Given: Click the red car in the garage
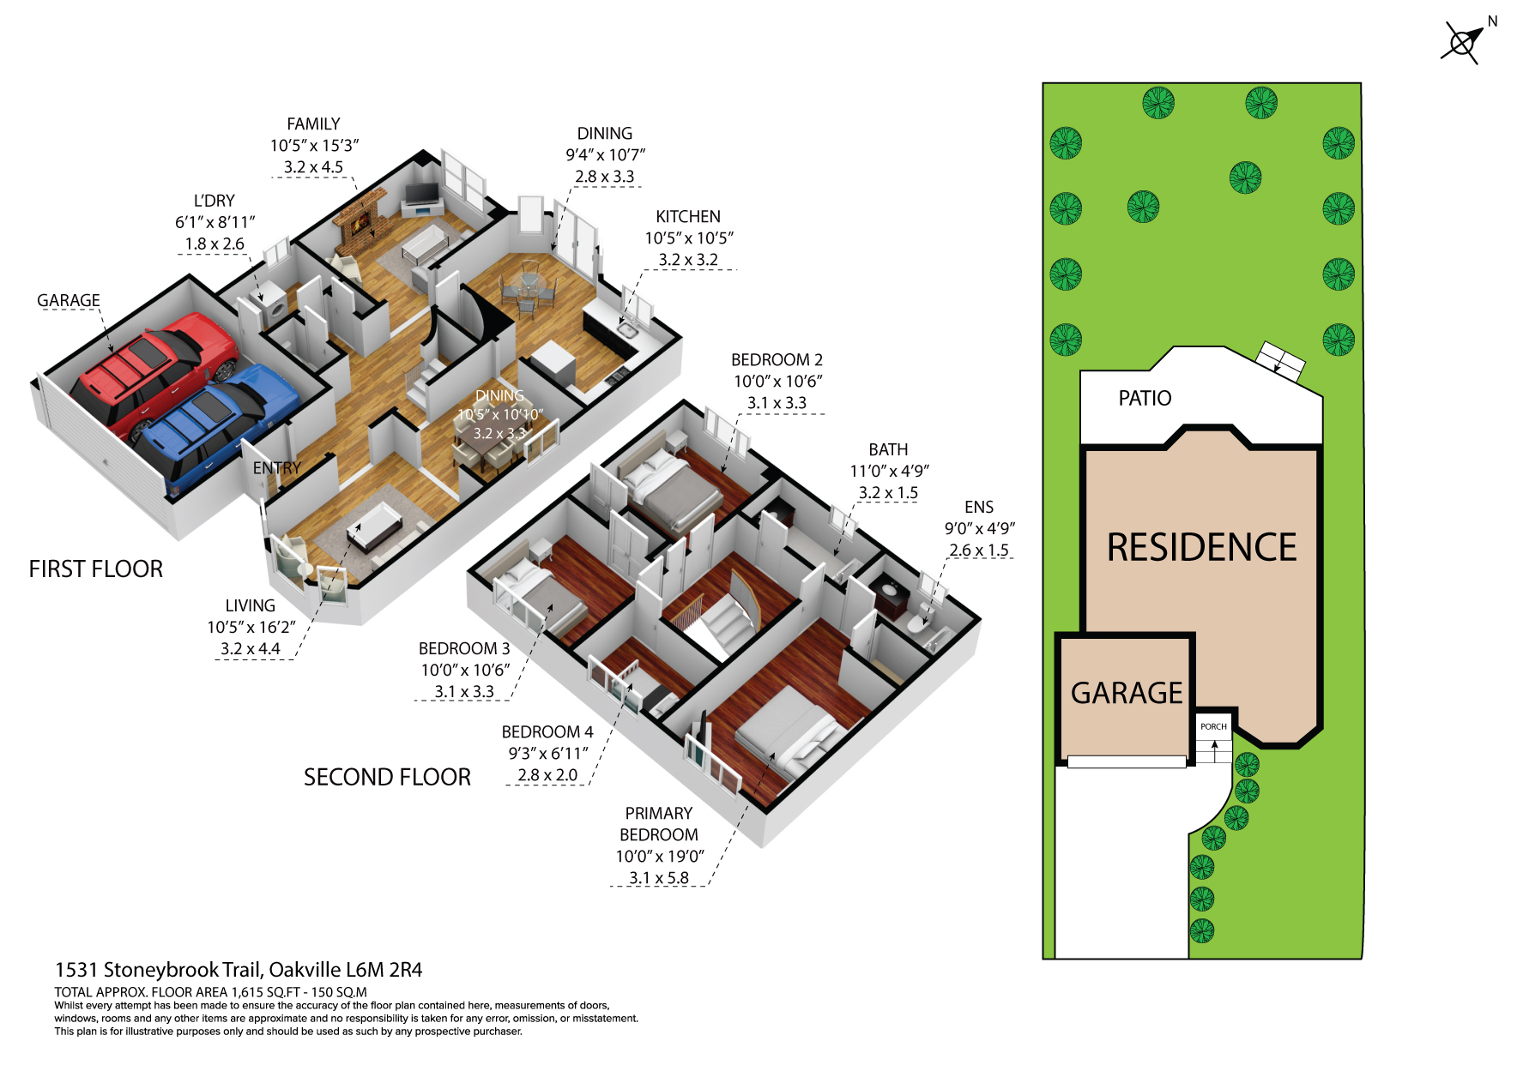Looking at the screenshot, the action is (x=154, y=374).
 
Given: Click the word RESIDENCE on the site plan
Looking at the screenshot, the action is (x=1201, y=547).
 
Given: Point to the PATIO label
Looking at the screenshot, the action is (x=1145, y=398).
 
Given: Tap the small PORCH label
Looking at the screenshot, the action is (x=1213, y=726).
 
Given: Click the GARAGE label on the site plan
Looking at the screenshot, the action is (x=1127, y=693).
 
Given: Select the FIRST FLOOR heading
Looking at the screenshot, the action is (x=96, y=569).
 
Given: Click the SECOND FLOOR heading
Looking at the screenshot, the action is (x=387, y=777).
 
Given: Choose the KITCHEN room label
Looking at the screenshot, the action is (x=688, y=217).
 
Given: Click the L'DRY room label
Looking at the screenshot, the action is (x=215, y=201).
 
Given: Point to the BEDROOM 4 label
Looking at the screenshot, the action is (x=547, y=731).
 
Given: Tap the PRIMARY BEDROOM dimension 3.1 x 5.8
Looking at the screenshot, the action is (x=659, y=878).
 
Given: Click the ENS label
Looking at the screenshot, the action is (x=979, y=507).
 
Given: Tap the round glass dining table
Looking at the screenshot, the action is (x=526, y=284).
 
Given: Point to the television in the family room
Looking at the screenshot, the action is (x=420, y=192).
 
